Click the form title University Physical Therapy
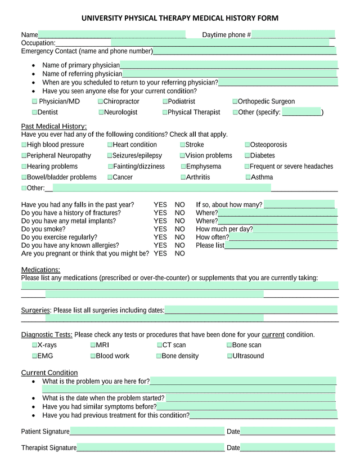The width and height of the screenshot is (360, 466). [180, 18]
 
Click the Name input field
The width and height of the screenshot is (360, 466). [112, 35]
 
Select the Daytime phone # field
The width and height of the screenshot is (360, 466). [293, 35]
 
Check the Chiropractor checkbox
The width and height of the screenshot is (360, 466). [101, 102]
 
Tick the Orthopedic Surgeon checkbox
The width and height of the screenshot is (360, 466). [235, 102]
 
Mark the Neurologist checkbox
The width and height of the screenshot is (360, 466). [101, 113]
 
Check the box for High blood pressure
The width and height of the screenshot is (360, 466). [24, 145]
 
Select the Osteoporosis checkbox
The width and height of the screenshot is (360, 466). [247, 145]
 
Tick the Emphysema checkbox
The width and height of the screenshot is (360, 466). [183, 167]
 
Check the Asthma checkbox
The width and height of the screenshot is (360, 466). [247, 177]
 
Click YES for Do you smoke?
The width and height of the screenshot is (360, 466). [160, 229]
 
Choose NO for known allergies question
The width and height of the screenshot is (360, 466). [179, 245]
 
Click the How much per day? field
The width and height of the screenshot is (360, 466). [295, 229]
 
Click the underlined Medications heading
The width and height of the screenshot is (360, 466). [40, 270]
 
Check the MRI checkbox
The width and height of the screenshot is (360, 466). [93, 346]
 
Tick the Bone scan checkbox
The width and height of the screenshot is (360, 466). [229, 346]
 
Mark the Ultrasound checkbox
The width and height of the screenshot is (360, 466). [229, 356]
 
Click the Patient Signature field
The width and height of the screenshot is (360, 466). [147, 432]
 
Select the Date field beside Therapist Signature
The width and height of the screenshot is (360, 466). [287, 448]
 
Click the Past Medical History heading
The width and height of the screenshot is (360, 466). [53, 126]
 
